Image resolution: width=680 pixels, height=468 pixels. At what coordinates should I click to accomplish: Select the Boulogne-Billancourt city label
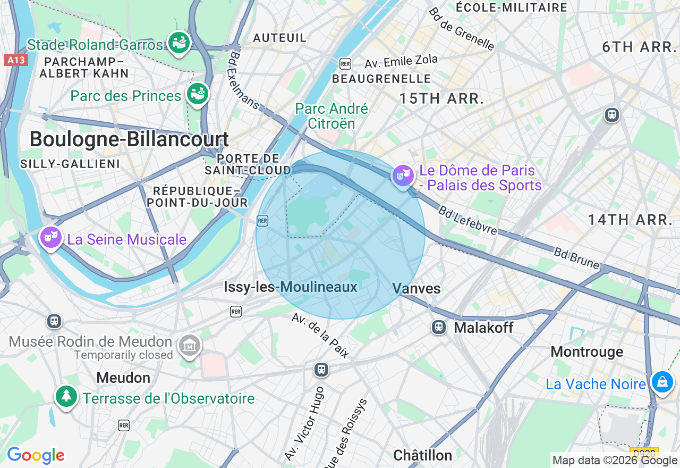(129, 139)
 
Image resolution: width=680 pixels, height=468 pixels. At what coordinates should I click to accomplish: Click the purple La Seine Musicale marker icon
(51, 238)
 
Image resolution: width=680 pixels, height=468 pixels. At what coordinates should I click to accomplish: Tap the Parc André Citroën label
(331, 116)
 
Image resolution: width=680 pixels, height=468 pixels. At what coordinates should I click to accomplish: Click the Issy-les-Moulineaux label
(290, 287)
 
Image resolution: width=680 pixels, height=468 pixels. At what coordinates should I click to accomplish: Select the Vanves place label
(416, 288)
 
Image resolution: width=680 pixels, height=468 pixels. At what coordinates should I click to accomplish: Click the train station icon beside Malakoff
(439, 327)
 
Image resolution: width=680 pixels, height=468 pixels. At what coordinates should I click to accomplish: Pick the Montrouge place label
(587, 352)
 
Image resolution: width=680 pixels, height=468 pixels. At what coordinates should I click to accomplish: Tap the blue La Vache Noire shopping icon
(662, 382)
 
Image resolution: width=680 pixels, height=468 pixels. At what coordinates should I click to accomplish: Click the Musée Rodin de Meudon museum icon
(190, 346)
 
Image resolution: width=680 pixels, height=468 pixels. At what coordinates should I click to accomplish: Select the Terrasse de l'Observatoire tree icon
(66, 396)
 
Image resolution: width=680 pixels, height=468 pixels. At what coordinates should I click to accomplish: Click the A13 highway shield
(16, 60)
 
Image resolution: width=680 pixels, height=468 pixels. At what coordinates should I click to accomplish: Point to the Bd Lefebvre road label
(467, 220)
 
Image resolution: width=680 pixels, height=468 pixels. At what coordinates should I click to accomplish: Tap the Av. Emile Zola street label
(401, 62)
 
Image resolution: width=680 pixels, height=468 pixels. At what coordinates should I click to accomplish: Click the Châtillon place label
(422, 455)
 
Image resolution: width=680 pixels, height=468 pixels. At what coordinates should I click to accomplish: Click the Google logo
(36, 456)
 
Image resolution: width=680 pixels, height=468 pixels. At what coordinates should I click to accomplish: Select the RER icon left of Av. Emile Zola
(345, 64)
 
